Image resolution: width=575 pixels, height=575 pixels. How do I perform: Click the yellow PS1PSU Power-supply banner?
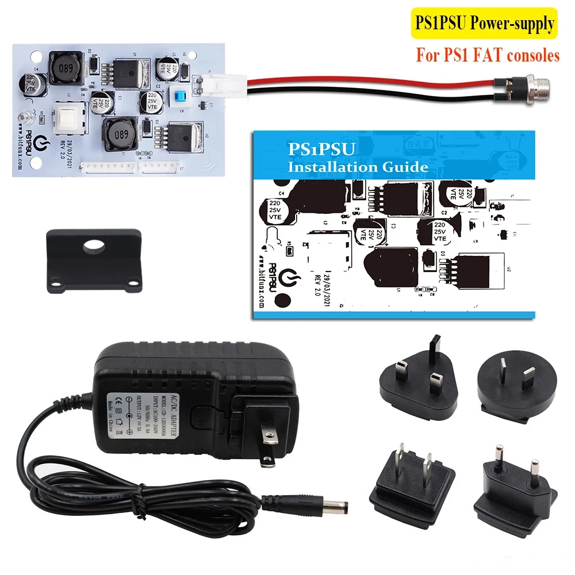pyautogui.click(x=484, y=24)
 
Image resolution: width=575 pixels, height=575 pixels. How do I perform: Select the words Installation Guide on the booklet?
pyautogui.click(x=358, y=167)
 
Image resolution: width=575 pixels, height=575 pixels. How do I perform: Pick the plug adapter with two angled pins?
pyautogui.click(x=507, y=382)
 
